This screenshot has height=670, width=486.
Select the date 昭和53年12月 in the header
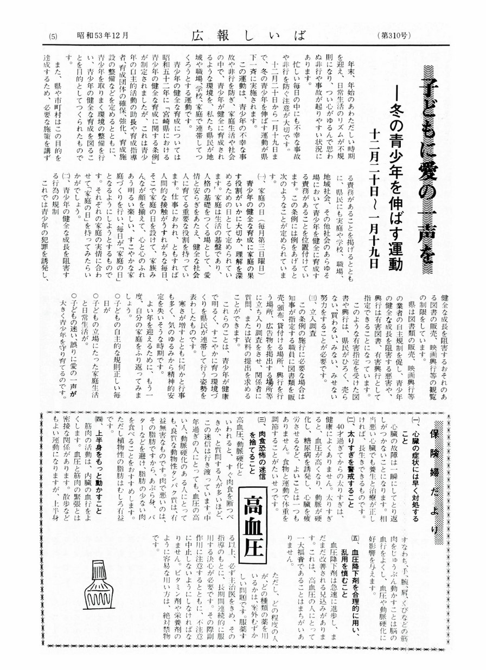(x=102, y=36)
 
